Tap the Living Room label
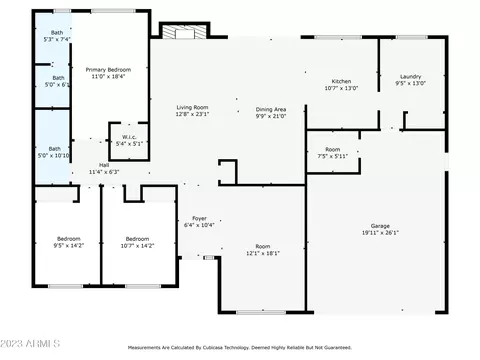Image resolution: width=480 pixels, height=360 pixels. [192, 108]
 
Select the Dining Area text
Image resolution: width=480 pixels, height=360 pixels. [270, 109]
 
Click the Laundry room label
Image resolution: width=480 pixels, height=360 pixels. [410, 77]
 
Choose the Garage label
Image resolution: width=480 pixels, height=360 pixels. [379, 226]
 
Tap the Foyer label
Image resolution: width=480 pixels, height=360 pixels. [199, 218]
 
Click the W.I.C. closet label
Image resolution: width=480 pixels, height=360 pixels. [129, 137]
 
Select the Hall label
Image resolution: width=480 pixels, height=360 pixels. [103, 165]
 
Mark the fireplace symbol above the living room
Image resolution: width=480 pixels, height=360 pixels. [182, 33]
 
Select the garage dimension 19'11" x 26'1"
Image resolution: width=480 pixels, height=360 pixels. [379, 233]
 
